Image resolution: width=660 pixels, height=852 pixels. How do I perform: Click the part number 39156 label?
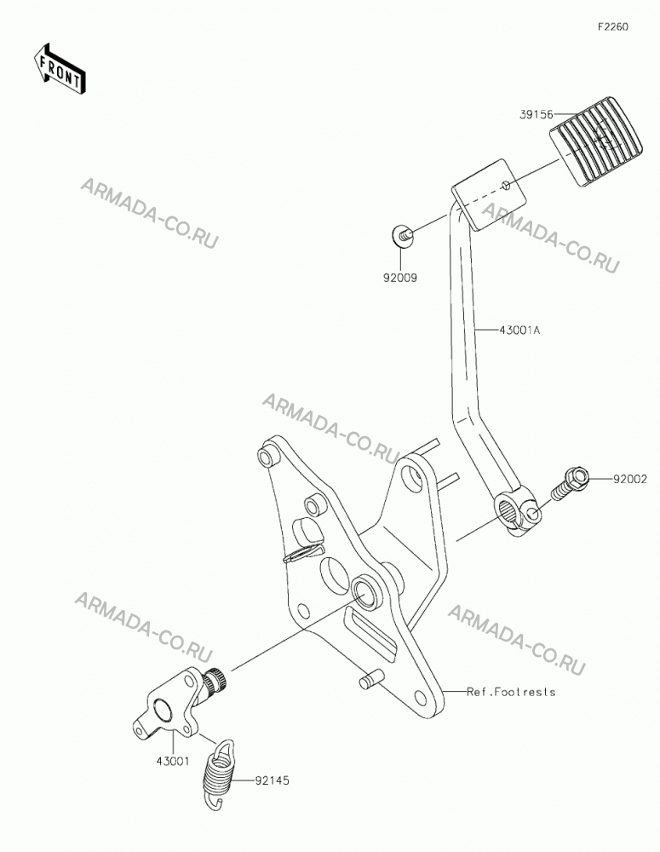537,115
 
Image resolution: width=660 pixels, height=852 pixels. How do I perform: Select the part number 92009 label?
399,278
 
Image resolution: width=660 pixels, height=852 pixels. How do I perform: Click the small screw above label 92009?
402,235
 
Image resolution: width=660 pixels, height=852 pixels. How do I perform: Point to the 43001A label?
520,330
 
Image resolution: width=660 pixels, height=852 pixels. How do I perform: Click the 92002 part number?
630,479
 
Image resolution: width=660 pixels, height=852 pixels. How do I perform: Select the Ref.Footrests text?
511,692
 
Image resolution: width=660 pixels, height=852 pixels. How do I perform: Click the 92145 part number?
272,780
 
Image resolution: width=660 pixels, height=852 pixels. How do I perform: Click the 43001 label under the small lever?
173,761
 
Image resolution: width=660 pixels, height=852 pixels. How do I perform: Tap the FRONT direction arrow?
59,68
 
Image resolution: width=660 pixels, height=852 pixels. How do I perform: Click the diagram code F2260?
613,26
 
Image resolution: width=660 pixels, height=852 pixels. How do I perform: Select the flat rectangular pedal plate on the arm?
489,194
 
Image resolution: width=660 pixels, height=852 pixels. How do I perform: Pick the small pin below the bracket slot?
372,680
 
